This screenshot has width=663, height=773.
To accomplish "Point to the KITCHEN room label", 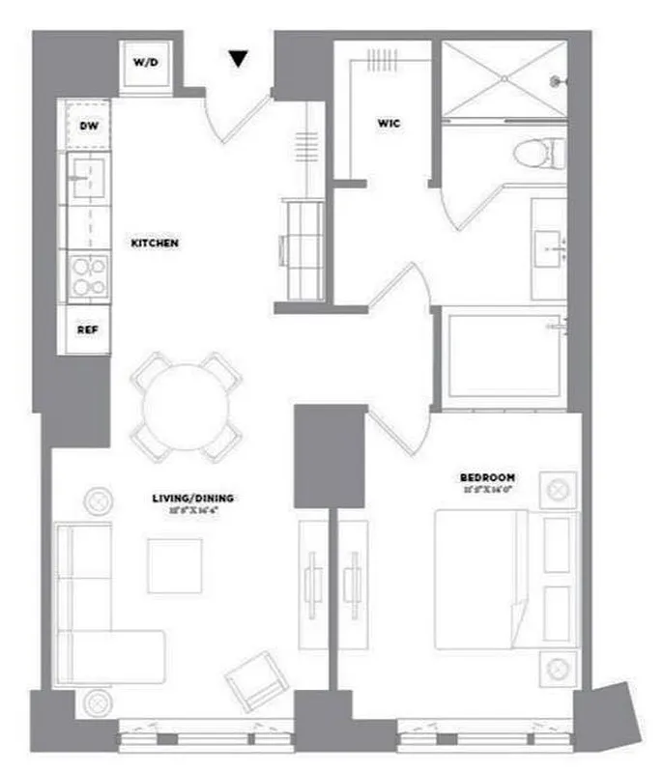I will (x=155, y=243).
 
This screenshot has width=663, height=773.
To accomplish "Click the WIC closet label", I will (x=389, y=125).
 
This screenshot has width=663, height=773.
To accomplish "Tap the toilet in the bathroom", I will (x=537, y=153).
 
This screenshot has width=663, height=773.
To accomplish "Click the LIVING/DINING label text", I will (x=192, y=499).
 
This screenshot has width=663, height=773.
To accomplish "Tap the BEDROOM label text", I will (x=487, y=477).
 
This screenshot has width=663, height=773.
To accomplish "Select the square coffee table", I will (x=175, y=563).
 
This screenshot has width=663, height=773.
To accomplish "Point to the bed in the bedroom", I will (x=480, y=580).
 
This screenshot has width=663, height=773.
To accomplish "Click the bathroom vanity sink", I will (x=555, y=248).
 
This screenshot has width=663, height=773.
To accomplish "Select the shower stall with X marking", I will (x=503, y=81).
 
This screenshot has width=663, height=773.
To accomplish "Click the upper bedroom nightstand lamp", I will (x=558, y=489).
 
